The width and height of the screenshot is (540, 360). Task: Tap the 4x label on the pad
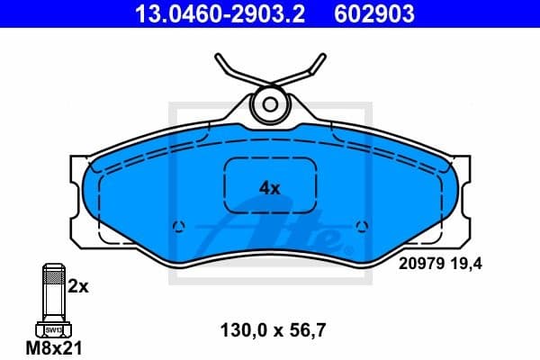270,188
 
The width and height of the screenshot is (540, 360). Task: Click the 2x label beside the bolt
78,287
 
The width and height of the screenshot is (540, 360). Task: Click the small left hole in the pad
177,226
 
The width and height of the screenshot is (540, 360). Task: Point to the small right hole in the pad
362,226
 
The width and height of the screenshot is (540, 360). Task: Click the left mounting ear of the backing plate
79,189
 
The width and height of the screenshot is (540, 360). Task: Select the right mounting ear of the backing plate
461,189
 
